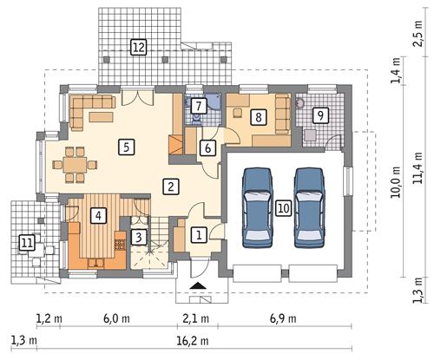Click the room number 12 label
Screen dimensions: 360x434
point(138,47)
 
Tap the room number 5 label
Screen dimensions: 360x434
point(127,147)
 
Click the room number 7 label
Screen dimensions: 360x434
point(199,106)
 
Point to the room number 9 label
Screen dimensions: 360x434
point(319,115)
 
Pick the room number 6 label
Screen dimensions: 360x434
point(207,147)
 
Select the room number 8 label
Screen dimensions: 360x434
point(257,115)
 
